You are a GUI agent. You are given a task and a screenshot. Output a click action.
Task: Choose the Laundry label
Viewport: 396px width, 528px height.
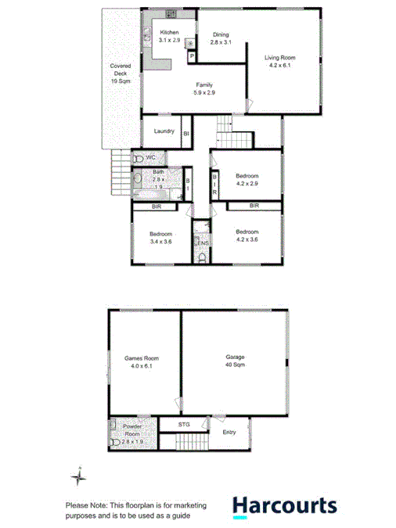point(164,131)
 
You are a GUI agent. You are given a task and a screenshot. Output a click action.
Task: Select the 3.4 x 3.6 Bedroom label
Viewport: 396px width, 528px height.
point(160,237)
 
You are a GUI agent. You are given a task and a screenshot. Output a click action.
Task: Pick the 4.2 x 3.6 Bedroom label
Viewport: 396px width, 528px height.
point(247,235)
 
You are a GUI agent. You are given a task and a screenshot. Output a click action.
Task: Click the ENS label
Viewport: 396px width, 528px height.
point(202,244)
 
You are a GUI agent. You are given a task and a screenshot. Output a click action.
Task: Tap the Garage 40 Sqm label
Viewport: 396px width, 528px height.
point(233,361)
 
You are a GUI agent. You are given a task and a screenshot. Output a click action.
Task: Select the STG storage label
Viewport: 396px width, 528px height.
point(184,425)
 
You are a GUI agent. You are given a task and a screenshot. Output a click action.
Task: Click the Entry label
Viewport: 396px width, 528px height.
point(229,432)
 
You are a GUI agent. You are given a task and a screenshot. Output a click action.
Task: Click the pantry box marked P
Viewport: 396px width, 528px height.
point(190,56)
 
